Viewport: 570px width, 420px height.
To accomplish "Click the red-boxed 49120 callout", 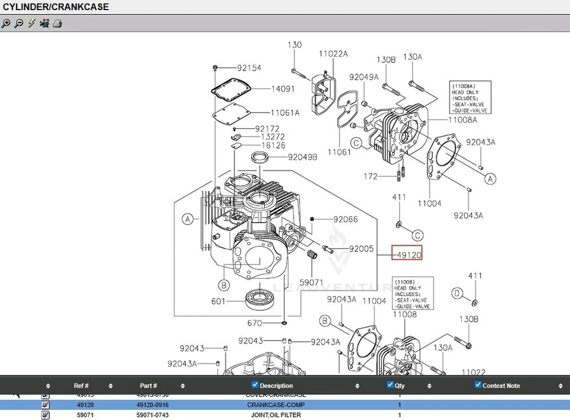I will [x=407, y=254].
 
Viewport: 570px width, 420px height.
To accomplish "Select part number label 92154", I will [x=249, y=68].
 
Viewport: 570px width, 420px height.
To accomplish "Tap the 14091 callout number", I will [x=283, y=89].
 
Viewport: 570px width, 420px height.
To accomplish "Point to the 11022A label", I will [x=333, y=54].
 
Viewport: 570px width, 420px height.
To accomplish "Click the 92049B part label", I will [x=303, y=157].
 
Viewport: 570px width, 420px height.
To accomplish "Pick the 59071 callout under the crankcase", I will [x=311, y=282].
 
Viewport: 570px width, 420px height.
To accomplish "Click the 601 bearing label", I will [x=218, y=301].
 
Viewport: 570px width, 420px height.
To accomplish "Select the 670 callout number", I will [x=255, y=323].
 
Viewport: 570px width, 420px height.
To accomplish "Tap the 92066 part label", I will [x=345, y=219].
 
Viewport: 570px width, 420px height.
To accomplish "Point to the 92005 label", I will [x=361, y=249].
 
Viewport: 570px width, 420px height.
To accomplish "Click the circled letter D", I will [x=457, y=293].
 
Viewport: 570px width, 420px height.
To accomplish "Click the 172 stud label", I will [x=370, y=176].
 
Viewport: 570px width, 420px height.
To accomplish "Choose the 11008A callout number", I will [x=463, y=119].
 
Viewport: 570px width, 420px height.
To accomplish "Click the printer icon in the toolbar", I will [x=58, y=24].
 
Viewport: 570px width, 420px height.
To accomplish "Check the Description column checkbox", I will [x=255, y=385].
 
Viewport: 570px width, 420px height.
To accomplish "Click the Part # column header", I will [x=148, y=386].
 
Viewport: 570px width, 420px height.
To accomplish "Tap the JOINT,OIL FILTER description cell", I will [x=276, y=415].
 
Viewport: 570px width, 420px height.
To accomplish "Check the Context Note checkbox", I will [x=478, y=385].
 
